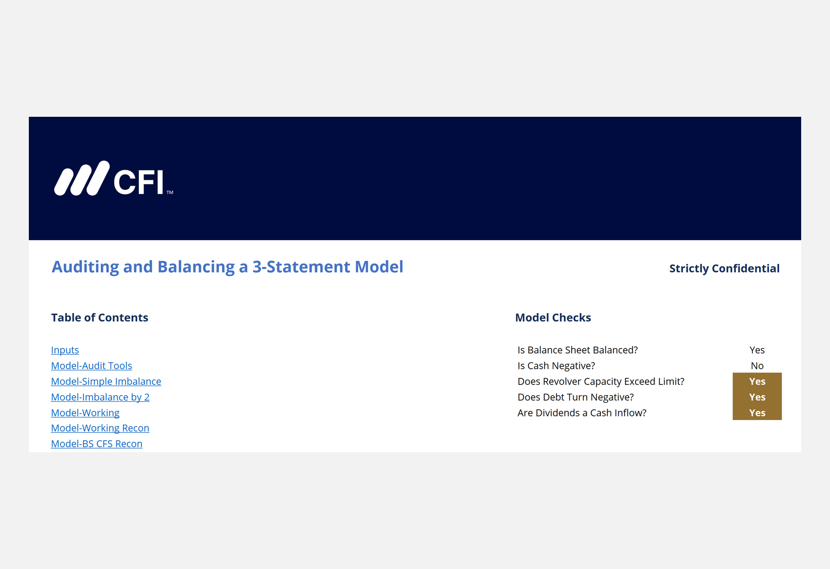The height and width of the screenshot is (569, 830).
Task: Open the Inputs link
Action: point(65,350)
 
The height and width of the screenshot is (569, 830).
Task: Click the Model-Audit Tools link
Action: point(91,366)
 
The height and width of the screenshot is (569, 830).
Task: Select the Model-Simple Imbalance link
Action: point(106,381)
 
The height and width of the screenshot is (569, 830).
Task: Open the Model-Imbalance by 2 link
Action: point(100,397)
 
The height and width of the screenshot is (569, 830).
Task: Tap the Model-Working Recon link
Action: point(100,428)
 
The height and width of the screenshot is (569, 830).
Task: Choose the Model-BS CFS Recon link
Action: point(96,444)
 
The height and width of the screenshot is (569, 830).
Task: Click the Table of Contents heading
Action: point(99,318)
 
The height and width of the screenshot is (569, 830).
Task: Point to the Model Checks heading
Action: point(553,318)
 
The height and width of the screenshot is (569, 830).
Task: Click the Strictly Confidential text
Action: point(724,269)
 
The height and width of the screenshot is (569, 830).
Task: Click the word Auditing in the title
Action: point(85,267)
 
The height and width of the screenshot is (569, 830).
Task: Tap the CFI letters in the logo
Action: point(138,182)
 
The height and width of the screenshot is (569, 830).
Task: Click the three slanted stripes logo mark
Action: point(82,178)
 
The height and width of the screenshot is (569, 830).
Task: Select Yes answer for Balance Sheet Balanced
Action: point(757,350)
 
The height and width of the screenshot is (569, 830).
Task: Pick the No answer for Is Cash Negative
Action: point(757,366)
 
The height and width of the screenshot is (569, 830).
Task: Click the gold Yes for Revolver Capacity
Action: point(757,381)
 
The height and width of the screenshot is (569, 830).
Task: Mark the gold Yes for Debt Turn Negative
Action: point(757,397)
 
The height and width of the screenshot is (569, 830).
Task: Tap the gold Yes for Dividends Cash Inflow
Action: point(757,413)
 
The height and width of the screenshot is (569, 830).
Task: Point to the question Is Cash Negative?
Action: point(556,366)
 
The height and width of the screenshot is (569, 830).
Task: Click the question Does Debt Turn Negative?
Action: point(575,397)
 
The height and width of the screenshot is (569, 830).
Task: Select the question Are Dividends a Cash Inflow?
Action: point(582,413)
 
